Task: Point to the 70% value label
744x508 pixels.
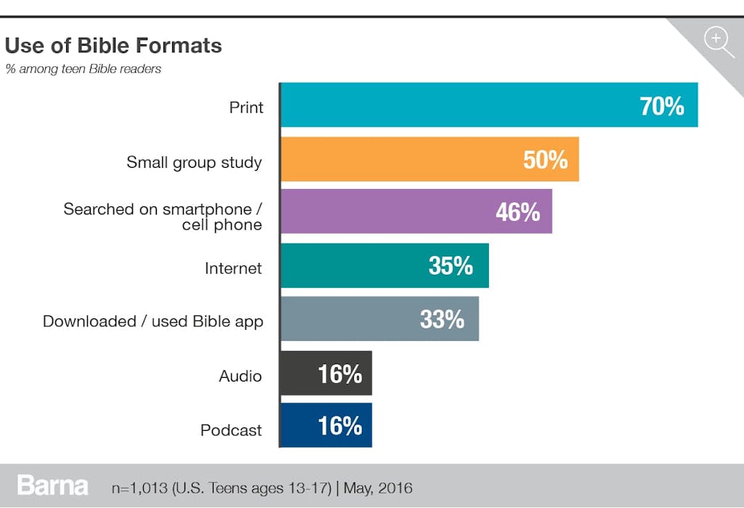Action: (662, 106)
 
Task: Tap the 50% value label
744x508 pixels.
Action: (545, 160)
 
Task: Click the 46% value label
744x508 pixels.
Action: (517, 212)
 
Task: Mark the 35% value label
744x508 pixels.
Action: (450, 266)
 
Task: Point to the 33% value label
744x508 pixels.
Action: (442, 319)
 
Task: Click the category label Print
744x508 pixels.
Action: (246, 108)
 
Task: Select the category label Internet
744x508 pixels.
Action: (232, 268)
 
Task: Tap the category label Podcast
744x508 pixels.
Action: (231, 430)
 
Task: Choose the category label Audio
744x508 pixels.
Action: (240, 376)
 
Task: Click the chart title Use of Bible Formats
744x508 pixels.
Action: (113, 46)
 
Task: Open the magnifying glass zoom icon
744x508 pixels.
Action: (719, 40)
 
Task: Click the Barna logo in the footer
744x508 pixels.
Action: (53, 485)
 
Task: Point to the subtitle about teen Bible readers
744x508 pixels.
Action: (83, 69)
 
